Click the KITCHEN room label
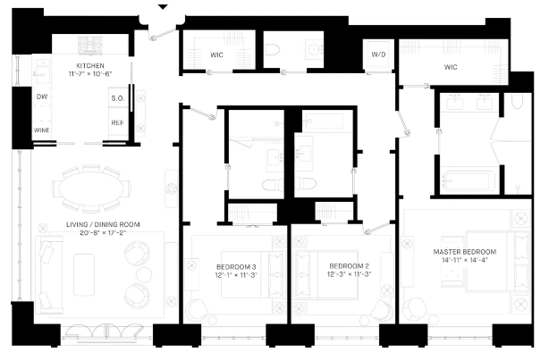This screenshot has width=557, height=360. click(x=90, y=65)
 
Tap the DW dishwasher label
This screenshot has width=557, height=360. click(x=41, y=96)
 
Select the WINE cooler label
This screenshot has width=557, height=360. click(x=42, y=130)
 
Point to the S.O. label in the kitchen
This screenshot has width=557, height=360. click(x=116, y=97)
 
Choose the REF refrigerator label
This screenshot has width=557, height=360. click(x=116, y=122)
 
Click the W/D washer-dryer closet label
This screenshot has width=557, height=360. click(x=378, y=54)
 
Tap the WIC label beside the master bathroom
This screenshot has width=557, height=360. click(x=452, y=66)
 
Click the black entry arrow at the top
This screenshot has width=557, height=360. click(x=162, y=7)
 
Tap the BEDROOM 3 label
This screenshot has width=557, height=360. click(x=236, y=266)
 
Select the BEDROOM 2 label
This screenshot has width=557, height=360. click(x=348, y=266)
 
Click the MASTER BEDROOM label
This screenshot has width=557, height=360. click(x=464, y=251)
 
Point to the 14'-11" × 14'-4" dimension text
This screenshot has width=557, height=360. click(x=464, y=260)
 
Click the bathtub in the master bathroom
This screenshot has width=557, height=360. click(x=465, y=182)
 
